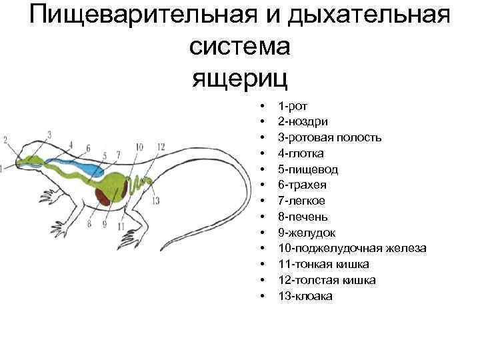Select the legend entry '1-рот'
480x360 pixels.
[x=293, y=105]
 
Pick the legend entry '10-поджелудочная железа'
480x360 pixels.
[x=353, y=248]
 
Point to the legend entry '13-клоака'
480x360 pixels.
[x=305, y=296]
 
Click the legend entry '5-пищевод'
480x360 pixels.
[x=308, y=169]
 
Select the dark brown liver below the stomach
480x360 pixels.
[x=103, y=194]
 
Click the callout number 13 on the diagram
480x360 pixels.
[x=155, y=201]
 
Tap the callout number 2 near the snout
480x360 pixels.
[x=5, y=139]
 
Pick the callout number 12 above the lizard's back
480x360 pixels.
[x=161, y=147]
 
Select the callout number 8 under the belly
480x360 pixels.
[x=89, y=224]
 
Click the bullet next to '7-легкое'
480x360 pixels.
[x=264, y=201]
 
